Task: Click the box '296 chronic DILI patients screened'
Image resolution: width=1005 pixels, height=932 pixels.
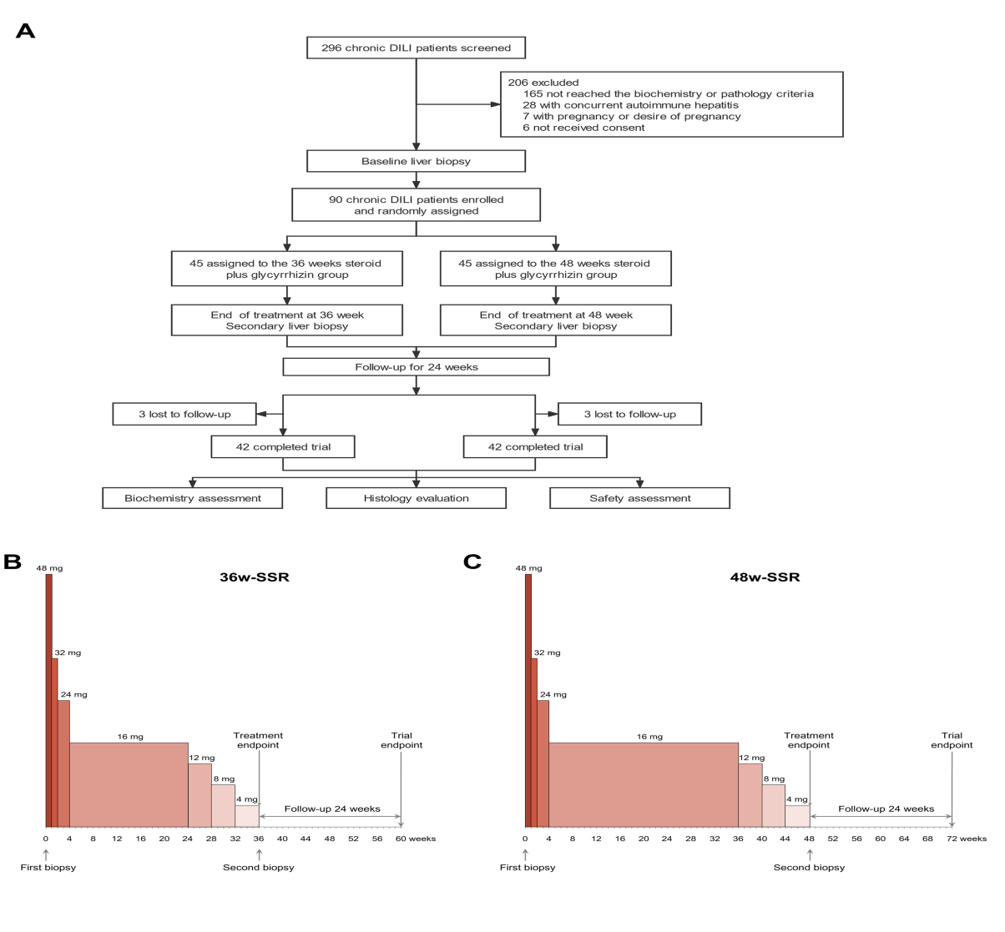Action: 416,48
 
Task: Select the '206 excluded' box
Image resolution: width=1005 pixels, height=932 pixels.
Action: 671,104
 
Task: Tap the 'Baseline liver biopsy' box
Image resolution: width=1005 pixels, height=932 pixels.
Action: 416,161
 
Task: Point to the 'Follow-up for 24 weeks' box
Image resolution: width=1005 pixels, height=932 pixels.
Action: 416,367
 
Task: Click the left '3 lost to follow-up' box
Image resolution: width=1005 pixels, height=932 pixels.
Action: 184,414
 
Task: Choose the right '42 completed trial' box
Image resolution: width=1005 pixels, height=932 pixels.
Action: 535,447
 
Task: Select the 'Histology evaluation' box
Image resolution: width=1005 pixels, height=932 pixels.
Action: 416,498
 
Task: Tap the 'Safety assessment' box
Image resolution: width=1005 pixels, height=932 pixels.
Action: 639,498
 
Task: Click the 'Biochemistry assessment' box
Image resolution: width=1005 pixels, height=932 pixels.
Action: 192,498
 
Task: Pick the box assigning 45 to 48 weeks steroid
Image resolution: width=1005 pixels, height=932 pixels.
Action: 555,269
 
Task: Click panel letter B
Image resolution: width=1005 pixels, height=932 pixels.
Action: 13,562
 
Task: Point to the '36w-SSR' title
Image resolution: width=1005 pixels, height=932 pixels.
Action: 254,577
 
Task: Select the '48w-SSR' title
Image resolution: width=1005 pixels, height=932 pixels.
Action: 765,577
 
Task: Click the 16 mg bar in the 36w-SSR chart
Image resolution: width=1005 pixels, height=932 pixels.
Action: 129,784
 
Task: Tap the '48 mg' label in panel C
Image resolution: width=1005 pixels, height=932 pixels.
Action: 528,568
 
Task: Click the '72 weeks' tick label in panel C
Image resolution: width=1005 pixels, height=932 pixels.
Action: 966,839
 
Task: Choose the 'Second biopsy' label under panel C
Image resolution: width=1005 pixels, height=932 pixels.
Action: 809,868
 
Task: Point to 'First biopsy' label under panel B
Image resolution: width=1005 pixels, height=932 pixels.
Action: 48,868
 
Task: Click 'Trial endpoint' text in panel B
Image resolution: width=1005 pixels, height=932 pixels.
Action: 401,740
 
